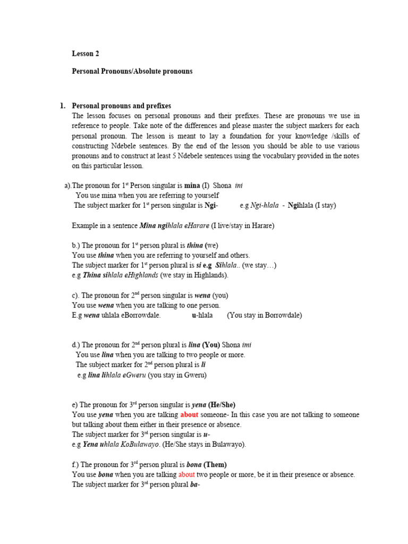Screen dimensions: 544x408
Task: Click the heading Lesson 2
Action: pyautogui.click(x=86, y=54)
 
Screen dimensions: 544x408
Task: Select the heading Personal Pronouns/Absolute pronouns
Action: pyautogui.click(x=132, y=71)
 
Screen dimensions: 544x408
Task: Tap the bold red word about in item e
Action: pyautogui.click(x=189, y=414)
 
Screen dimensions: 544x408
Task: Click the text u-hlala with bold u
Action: pyautogui.click(x=202, y=315)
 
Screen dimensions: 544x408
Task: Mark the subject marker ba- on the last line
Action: pyautogui.click(x=195, y=484)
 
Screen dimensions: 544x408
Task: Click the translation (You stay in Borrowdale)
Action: pyautogui.click(x=265, y=315)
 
